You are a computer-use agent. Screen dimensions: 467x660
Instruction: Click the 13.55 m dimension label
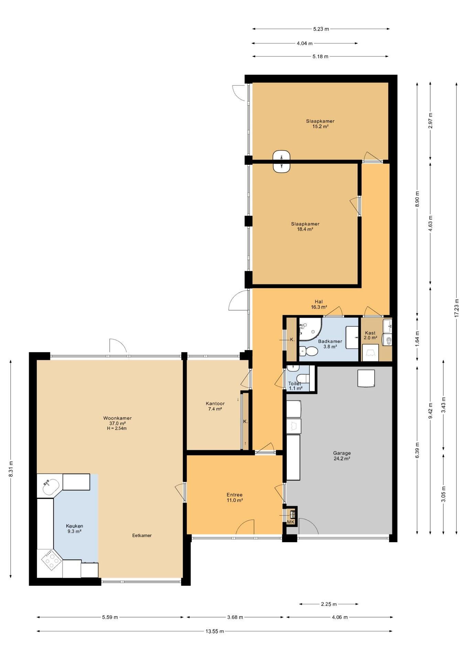click(215, 631)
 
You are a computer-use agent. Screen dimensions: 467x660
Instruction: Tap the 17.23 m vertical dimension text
click(456, 308)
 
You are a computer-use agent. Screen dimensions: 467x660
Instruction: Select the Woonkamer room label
click(117, 418)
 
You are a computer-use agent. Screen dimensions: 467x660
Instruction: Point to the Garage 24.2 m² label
click(342, 455)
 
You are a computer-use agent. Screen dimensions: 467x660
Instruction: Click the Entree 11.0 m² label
click(235, 497)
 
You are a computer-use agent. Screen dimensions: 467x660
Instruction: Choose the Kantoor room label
click(215, 406)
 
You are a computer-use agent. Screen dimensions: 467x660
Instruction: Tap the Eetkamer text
click(142, 535)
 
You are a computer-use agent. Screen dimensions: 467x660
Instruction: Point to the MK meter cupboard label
click(291, 522)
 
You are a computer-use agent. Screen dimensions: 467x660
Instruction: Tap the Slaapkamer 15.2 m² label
click(320, 123)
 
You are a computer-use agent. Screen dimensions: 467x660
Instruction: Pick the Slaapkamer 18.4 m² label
click(305, 226)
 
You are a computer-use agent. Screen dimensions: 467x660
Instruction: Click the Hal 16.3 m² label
click(319, 305)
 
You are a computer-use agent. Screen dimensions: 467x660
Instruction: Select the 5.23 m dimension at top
click(321, 29)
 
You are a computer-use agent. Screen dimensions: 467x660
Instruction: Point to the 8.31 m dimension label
click(11, 469)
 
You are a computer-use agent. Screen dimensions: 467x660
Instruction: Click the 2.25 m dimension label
click(328, 604)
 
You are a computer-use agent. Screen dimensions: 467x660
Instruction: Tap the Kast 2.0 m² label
click(370, 335)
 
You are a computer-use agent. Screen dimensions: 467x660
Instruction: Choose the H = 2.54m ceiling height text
click(117, 428)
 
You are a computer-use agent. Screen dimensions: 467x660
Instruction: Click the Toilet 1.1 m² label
click(295, 386)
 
